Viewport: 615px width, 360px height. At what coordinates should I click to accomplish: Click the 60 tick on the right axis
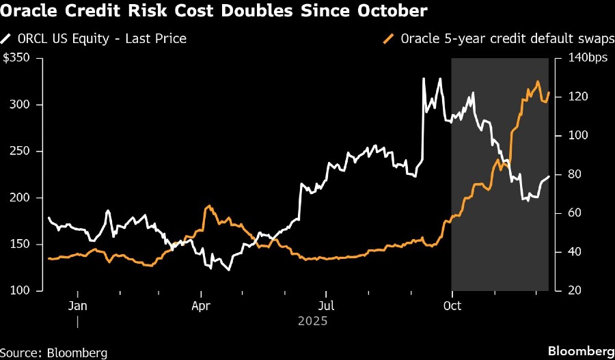coord(567,213)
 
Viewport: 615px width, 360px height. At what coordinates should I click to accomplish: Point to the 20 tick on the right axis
coord(567,290)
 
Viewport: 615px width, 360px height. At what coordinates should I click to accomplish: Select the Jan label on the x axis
coord(78,305)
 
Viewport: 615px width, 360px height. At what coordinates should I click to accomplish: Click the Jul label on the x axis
coord(327,305)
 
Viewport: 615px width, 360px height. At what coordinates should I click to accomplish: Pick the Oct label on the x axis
coord(452,305)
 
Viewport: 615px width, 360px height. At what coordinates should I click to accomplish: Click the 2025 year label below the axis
coord(313,320)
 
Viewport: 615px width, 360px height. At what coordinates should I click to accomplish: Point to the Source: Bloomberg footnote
coord(54,352)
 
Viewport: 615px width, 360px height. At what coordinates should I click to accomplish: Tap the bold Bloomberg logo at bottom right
coord(579,352)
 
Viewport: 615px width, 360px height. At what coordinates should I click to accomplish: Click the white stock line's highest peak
coord(424,79)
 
